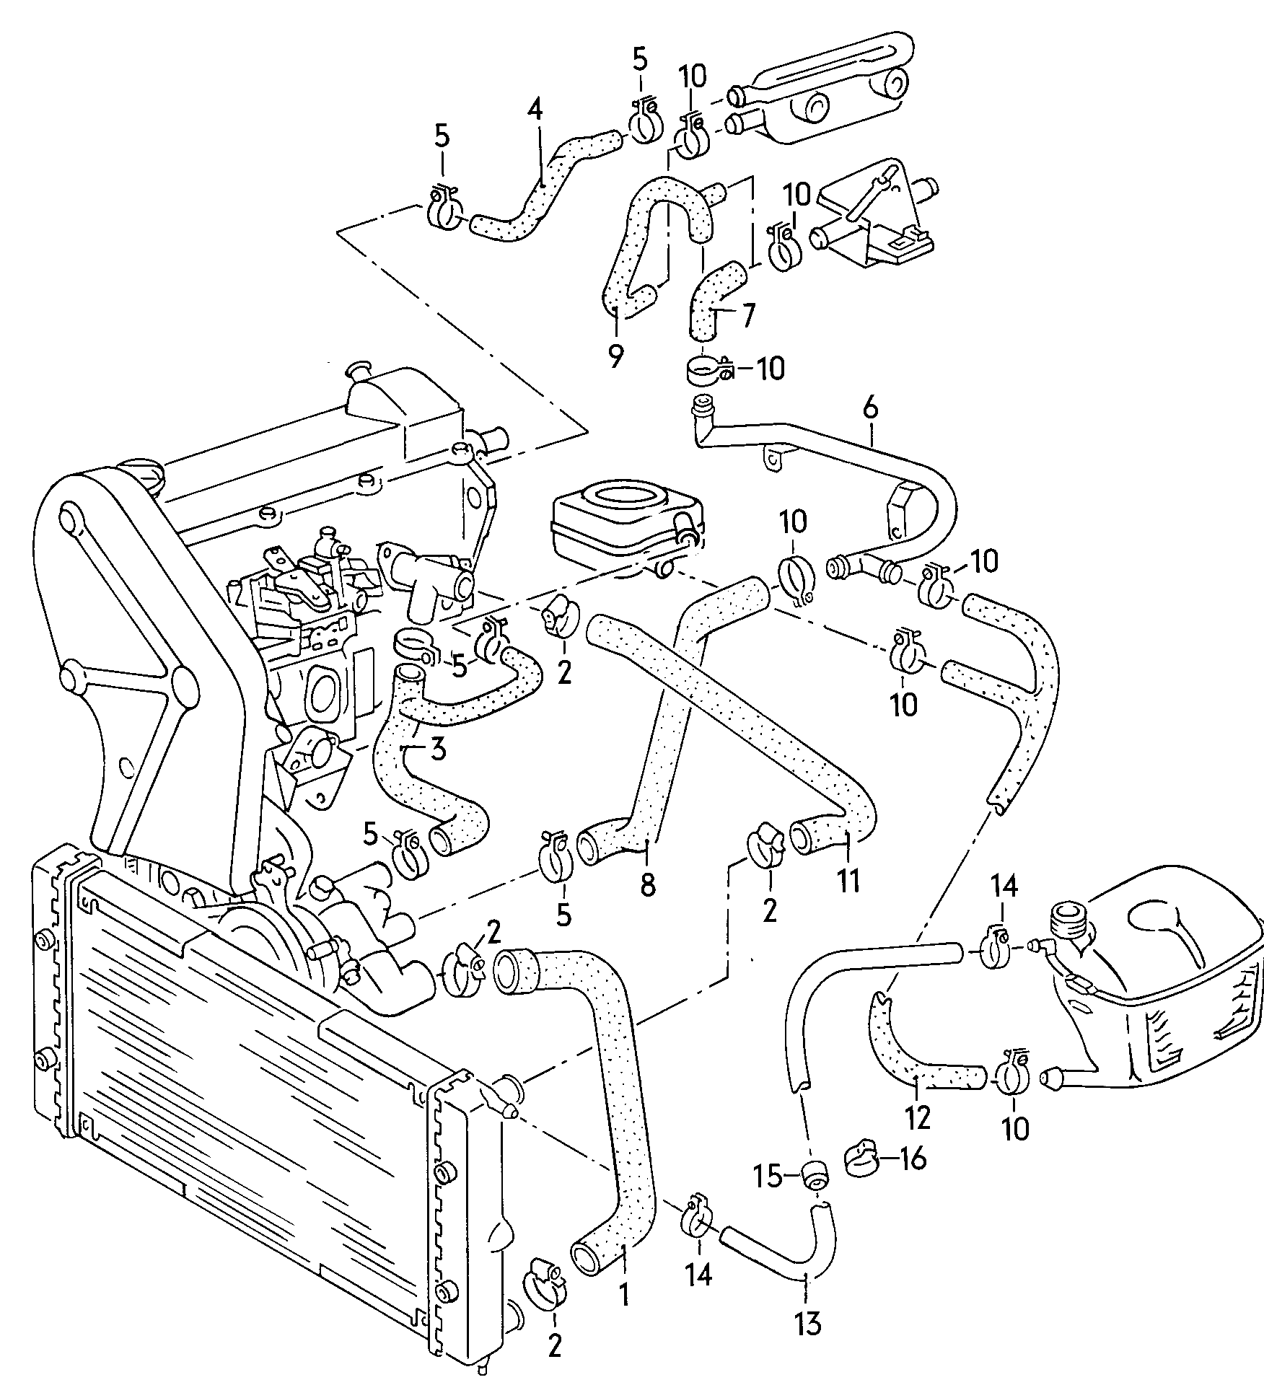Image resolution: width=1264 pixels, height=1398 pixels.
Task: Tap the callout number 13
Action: pos(807,1343)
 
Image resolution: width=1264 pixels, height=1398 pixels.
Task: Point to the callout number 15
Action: pos(768,1177)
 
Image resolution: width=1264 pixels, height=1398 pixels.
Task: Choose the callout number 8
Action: pos(648,884)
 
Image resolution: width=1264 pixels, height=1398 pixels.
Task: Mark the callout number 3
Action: pos(438,750)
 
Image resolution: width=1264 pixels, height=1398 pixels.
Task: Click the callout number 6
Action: pos(871,409)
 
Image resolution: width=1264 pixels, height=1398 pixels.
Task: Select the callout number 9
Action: pos(615,356)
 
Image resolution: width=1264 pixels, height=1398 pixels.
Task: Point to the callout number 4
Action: pos(535,112)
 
